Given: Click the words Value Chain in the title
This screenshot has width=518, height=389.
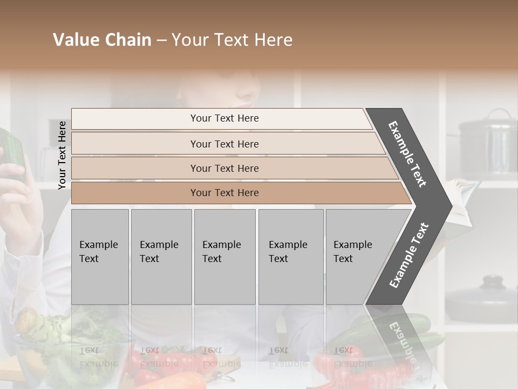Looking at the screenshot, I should click(102, 40).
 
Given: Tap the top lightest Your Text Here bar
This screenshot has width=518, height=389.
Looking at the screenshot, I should click(224, 118).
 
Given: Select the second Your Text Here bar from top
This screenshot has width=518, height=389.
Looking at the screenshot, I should click(224, 144).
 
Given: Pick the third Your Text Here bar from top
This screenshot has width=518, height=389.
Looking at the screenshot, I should click(224, 168).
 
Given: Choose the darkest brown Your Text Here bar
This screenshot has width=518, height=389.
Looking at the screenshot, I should click(224, 193).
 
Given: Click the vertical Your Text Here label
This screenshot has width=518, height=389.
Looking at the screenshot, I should click(62, 155).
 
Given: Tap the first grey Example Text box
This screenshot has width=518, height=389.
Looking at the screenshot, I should click(100, 257).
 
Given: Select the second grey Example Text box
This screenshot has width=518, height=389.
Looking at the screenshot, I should click(161, 257).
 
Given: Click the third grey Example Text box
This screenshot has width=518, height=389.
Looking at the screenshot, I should click(224, 257).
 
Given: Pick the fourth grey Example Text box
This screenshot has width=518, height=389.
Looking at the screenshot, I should click(290, 257).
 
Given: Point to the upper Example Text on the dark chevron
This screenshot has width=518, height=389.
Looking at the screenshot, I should click(407, 154).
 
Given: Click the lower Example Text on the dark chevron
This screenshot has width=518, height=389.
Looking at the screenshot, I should click(408, 256).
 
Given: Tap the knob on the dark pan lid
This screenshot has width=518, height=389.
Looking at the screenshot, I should click(492, 280).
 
